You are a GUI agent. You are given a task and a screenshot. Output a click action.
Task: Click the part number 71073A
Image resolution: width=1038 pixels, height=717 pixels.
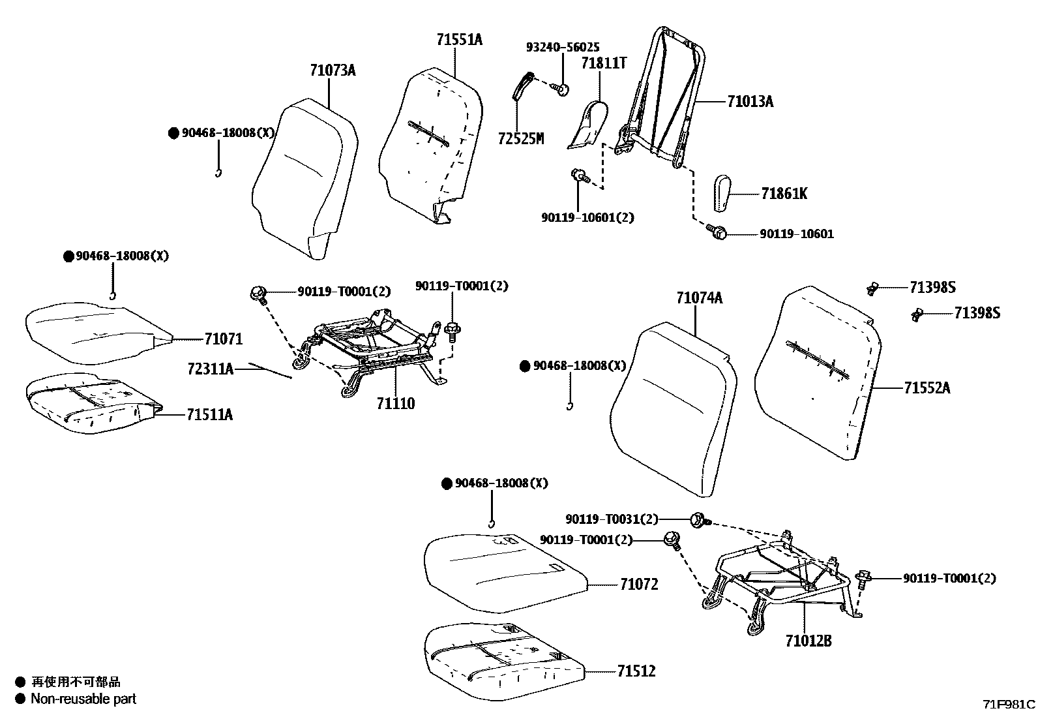[333, 70]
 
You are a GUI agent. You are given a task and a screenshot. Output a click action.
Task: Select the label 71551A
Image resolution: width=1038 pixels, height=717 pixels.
[459, 40]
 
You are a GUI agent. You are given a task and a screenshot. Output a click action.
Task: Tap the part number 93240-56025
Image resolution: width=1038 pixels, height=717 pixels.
[563, 48]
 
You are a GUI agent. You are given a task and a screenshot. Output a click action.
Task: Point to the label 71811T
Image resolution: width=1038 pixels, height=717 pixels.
[603, 63]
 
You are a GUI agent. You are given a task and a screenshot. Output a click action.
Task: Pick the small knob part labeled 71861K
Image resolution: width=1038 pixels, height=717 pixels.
[722, 193]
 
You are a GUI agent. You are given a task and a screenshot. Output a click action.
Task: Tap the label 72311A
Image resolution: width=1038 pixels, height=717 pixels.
[210, 369]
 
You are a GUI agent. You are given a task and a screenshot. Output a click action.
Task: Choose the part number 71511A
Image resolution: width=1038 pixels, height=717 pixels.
[209, 414]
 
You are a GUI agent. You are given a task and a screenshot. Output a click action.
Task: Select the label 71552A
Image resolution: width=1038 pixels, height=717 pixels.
[927, 388]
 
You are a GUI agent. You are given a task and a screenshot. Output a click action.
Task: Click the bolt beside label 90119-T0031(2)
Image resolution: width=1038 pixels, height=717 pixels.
[698, 520]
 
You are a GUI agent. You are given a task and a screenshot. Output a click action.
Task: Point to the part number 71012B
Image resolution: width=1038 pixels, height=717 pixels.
[808, 641]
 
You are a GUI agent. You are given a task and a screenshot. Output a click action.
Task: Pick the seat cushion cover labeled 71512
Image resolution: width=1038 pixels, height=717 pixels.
[502, 662]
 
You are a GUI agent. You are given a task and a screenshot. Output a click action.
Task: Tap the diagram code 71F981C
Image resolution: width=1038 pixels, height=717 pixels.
[1009, 705]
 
